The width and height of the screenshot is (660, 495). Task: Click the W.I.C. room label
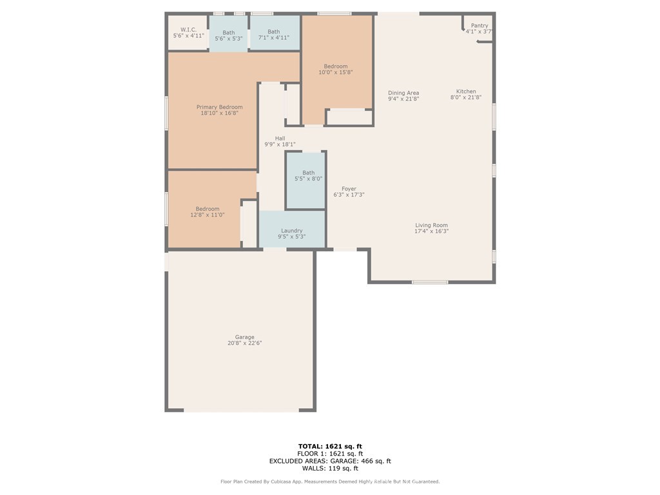pyautogui.click(x=188, y=29)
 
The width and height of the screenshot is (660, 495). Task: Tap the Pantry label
pyautogui.click(x=480, y=26)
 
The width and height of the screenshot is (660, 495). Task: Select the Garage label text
pyautogui.click(x=244, y=337)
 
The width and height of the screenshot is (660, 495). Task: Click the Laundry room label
pyautogui.click(x=292, y=231)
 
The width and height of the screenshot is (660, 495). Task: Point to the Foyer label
pyautogui.click(x=349, y=189)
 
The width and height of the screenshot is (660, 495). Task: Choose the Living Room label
pyautogui.click(x=431, y=226)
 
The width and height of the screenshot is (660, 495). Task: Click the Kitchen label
pyautogui.click(x=466, y=92)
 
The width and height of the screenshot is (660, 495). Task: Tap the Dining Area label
pyautogui.click(x=403, y=93)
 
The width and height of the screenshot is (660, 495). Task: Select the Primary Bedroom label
pyautogui.click(x=220, y=107)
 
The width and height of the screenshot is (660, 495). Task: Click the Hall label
pyautogui.click(x=280, y=139)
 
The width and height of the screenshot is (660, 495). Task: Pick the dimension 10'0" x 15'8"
pyautogui.click(x=336, y=73)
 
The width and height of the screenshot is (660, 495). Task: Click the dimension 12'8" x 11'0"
pyautogui.click(x=208, y=215)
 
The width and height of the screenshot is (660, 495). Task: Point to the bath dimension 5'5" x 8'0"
pyautogui.click(x=309, y=179)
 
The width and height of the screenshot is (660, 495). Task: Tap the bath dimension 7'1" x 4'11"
pyautogui.click(x=274, y=38)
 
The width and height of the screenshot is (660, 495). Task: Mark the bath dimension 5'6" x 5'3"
pyautogui.click(x=229, y=39)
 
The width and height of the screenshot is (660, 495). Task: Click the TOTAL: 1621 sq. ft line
pyautogui.click(x=330, y=446)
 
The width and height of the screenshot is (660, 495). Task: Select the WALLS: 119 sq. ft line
pyautogui.click(x=330, y=469)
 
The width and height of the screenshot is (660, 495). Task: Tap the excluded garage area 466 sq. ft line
pyautogui.click(x=330, y=461)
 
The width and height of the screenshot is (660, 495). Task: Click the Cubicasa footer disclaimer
pyautogui.click(x=330, y=481)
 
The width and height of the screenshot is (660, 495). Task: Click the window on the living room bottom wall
pyautogui.click(x=430, y=282)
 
